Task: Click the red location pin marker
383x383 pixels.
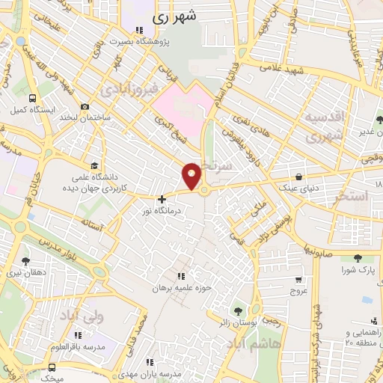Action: (x=192, y=175)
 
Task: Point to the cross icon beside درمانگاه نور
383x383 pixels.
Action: (x=162, y=200)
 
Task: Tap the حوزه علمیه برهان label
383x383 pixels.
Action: (x=178, y=287)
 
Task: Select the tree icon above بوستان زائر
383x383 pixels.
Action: (x=238, y=310)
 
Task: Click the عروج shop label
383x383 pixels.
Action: (x=299, y=291)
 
